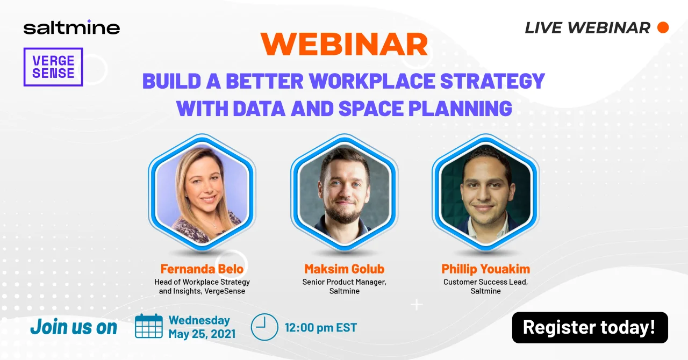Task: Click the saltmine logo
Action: point(71,28)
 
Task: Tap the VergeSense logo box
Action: point(53,67)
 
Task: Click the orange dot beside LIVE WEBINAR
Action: point(663,27)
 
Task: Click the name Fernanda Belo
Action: point(202,269)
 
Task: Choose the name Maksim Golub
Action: point(345,269)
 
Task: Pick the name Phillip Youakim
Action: point(486,269)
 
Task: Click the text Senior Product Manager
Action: point(345,282)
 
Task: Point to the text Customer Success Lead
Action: point(486,282)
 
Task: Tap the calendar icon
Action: point(149,326)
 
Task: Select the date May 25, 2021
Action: point(202,334)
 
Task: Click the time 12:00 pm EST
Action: point(321,327)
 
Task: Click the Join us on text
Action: point(74,327)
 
